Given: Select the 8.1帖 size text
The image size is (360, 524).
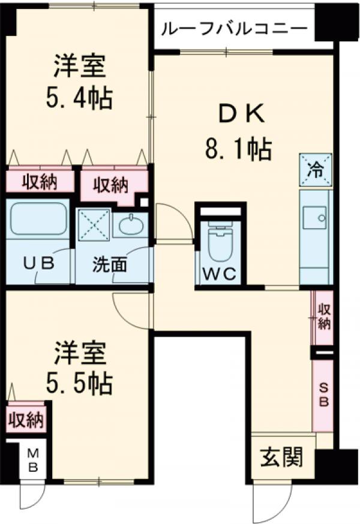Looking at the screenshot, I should point(238,148).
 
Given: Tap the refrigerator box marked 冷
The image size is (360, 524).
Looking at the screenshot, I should point(315,169).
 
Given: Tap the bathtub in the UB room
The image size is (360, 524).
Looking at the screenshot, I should point(37,220).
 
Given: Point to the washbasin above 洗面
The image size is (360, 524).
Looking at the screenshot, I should point(130,225).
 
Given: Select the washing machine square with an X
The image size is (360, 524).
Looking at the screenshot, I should point(94,225).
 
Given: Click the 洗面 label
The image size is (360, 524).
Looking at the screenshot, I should point(109,264).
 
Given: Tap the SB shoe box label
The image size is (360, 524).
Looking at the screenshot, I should point(323,396).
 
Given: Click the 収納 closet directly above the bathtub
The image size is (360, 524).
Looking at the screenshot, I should point(39,182).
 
